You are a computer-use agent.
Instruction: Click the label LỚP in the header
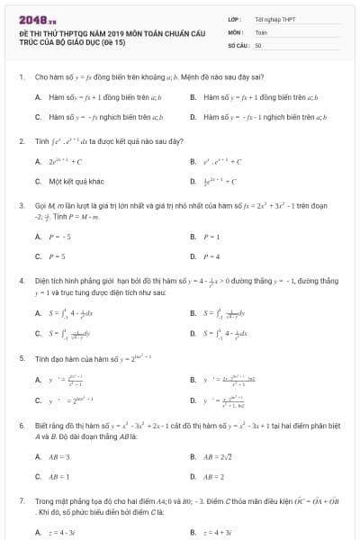[x=233, y=18]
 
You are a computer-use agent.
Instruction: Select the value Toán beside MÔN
[x=261, y=31]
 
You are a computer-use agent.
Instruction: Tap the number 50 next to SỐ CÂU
[x=258, y=43]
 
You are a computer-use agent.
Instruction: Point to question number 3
[x=21, y=205]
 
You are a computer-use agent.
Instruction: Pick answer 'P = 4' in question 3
[x=212, y=256]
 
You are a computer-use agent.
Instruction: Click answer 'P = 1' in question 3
[x=212, y=237]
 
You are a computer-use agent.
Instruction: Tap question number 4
[x=21, y=281]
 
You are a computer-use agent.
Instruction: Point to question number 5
[x=21, y=358]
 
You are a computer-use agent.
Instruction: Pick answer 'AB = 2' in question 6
[x=215, y=476]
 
